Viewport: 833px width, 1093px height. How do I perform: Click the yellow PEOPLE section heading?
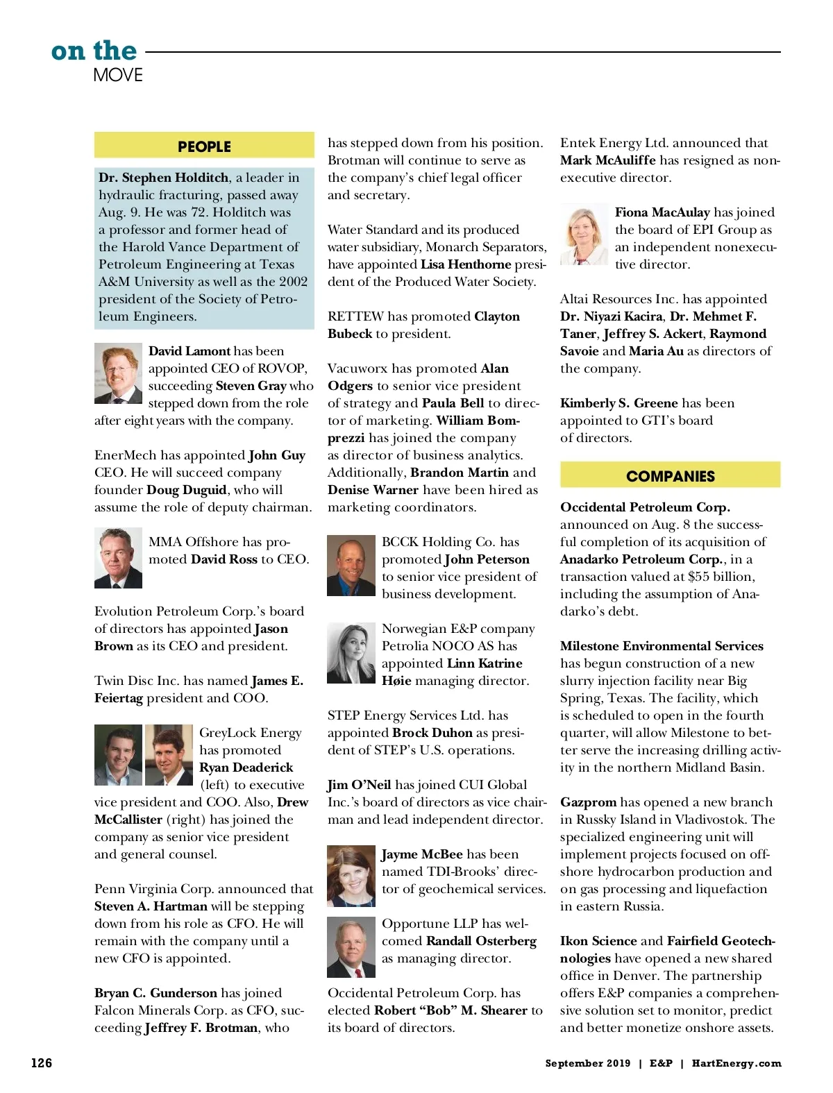point(204,146)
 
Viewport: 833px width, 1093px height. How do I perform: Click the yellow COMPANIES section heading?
point(670,476)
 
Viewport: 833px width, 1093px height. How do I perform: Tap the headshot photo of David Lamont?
point(118,373)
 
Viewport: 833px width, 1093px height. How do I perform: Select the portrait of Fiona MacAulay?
point(584,235)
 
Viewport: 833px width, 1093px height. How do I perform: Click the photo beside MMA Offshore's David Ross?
point(118,558)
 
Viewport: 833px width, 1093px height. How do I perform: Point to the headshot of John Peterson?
point(351,565)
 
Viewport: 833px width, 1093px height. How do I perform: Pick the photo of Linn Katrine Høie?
point(351,652)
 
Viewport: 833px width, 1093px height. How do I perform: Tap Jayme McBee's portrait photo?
point(351,876)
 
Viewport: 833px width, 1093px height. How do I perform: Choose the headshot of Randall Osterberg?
point(351,947)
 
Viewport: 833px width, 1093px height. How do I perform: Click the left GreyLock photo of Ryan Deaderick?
point(118,755)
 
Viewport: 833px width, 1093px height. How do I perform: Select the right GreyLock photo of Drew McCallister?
point(169,755)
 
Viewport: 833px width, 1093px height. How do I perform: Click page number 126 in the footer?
point(42,1062)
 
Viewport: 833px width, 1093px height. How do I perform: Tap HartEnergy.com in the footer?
point(737,1063)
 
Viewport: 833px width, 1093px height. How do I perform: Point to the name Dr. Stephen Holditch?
point(164,178)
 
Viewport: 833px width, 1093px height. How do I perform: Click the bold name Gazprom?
point(588,802)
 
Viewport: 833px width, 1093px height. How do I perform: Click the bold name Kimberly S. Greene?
point(619,403)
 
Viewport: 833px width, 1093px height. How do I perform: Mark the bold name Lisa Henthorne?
point(466,264)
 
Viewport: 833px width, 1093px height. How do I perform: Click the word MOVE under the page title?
point(118,75)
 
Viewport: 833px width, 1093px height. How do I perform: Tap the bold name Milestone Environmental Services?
point(662,646)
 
